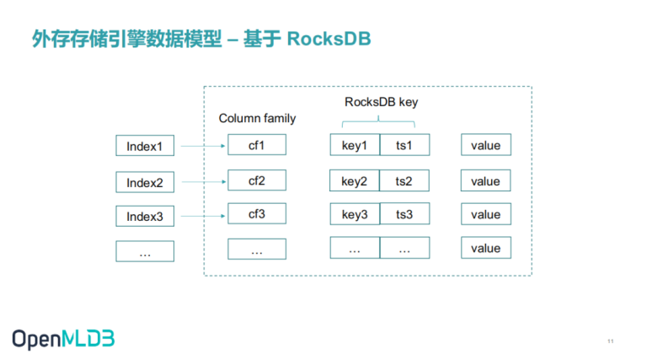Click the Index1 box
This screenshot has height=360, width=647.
(x=145, y=145)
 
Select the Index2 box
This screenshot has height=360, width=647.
(x=145, y=182)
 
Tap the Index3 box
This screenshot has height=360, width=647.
(x=145, y=216)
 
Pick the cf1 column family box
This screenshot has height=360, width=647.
(x=257, y=144)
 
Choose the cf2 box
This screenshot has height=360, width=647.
(x=257, y=180)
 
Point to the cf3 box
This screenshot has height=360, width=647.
(x=257, y=213)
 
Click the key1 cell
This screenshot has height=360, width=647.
(x=355, y=144)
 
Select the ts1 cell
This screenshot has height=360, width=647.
(x=404, y=144)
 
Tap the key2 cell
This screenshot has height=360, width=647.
(x=355, y=180)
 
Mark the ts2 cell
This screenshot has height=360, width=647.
(x=404, y=180)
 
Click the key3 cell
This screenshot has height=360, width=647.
(x=355, y=213)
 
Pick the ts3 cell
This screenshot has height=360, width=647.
(x=404, y=213)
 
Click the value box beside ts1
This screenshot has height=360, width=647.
(x=486, y=144)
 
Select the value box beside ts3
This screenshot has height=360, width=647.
(x=486, y=214)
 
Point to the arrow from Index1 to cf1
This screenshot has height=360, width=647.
(x=203, y=146)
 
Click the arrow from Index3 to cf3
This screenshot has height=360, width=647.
(x=203, y=216)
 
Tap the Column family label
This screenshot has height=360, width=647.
(x=257, y=119)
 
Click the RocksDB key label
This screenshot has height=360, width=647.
(x=382, y=102)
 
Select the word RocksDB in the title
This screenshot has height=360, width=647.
(x=329, y=39)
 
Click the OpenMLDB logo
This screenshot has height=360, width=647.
(x=63, y=340)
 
